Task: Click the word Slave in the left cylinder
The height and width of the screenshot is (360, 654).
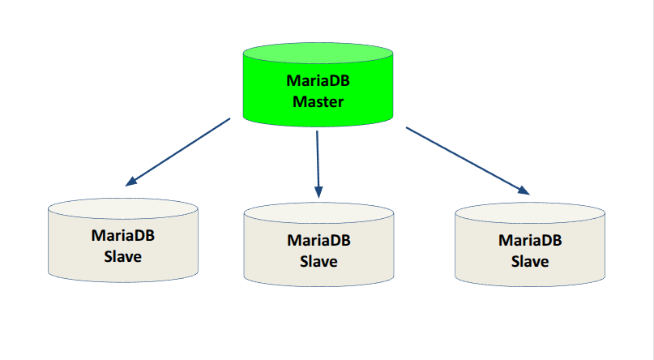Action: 123,257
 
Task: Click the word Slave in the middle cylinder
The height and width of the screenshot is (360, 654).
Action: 319,261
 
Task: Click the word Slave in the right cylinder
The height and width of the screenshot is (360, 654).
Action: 530,261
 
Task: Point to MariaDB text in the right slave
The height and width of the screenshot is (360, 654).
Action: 530,240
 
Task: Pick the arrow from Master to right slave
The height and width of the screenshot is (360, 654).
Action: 466,160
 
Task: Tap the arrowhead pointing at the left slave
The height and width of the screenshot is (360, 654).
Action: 132,181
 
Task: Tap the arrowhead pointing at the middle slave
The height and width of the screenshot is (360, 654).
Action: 319,192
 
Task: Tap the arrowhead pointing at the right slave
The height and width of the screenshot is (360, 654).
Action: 524,191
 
